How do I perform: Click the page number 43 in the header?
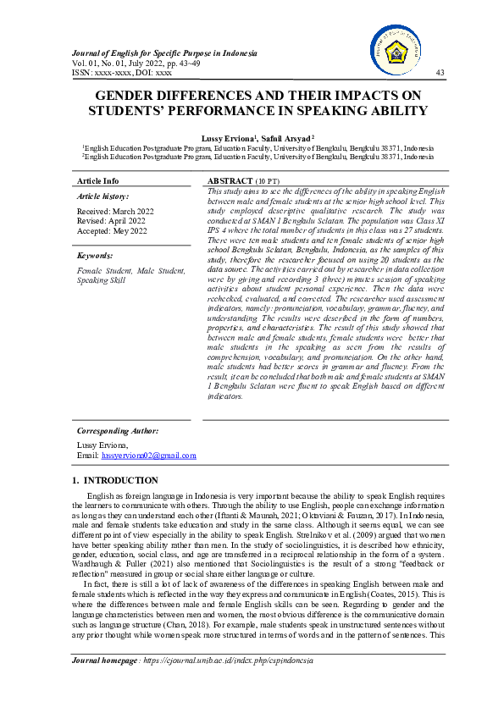[439, 73]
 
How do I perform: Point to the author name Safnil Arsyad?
[285, 136]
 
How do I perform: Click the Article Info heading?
[98, 181]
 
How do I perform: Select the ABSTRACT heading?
[230, 181]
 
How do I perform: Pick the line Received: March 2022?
[115, 211]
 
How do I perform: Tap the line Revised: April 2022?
[111, 220]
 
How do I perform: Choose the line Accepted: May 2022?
[112, 230]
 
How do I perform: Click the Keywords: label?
[95, 254]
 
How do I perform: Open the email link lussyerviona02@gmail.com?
[149, 456]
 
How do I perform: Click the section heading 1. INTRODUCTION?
[110, 481]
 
